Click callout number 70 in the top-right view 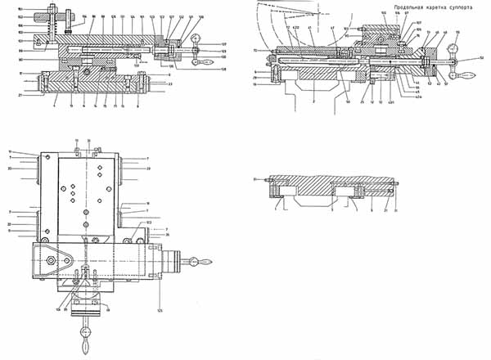pos(255,51)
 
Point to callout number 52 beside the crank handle pos(481,58)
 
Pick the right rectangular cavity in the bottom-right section pos(357,191)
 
